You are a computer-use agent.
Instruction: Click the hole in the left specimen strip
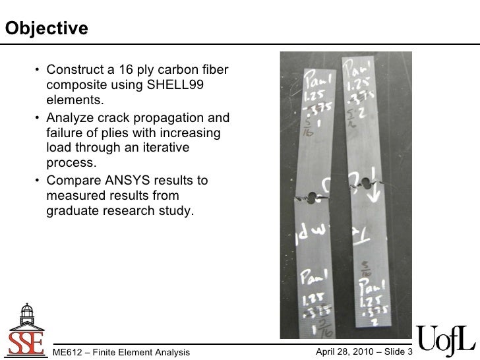309,196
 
